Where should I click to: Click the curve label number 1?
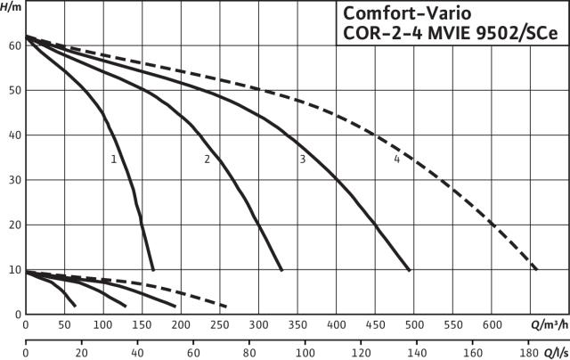(x=114, y=160)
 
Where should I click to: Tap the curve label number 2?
(x=207, y=160)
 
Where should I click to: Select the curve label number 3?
(x=303, y=160)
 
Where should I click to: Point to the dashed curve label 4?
(x=396, y=160)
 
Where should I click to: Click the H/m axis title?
(x=11, y=7)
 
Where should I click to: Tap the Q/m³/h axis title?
(x=550, y=324)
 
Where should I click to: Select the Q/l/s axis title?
(x=556, y=352)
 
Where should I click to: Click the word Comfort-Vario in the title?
(x=407, y=14)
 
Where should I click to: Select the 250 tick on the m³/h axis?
(x=220, y=324)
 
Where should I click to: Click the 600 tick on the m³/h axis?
(x=492, y=324)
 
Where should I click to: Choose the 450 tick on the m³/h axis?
(x=375, y=324)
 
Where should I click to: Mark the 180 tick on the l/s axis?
(x=528, y=352)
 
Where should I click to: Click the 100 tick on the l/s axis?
(x=305, y=352)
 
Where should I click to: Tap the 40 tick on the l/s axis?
(x=137, y=352)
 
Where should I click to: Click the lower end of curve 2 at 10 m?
(x=281, y=270)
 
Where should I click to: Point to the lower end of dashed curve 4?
(x=536, y=269)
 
